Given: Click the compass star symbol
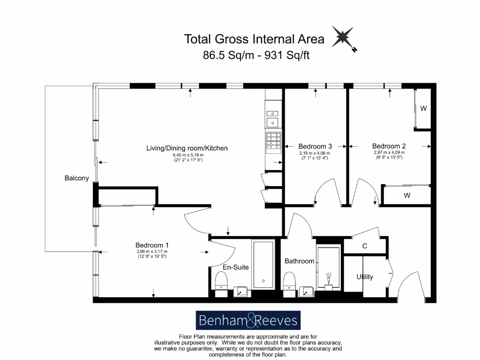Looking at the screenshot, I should point(344,37).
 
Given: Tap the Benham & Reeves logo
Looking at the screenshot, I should point(247,321).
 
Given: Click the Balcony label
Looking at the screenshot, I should point(76,178).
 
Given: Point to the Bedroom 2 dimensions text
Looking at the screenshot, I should point(389,155).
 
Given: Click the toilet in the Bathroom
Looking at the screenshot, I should point(289,283).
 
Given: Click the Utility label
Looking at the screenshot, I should point(365,277).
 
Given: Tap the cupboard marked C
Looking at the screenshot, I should point(364,246).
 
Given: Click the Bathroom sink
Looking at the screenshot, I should point(307,291).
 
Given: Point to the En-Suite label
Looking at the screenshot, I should point(235,267).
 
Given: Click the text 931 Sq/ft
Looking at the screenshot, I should point(287,55).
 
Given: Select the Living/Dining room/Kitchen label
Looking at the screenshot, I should point(187,148).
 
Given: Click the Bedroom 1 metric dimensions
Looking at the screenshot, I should point(152,251).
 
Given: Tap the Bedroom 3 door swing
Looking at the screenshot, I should point(323,194).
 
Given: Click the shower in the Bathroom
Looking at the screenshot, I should point(330,267).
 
